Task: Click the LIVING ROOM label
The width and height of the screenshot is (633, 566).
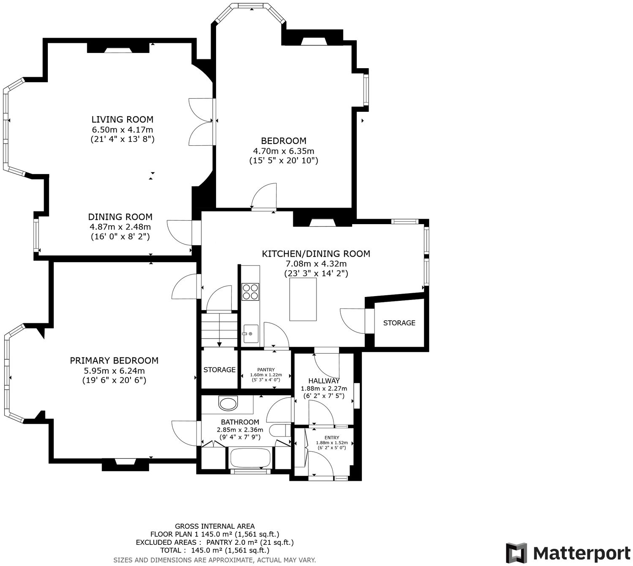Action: tap(122, 119)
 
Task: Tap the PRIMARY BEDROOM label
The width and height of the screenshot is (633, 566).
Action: tap(114, 361)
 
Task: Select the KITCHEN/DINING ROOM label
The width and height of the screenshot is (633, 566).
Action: tap(316, 254)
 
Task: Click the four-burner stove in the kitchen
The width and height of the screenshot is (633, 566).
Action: tap(250, 291)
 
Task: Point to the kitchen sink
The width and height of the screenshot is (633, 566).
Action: tap(250, 334)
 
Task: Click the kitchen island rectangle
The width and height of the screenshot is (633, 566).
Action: tap(303, 299)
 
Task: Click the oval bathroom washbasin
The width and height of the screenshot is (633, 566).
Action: tap(229, 403)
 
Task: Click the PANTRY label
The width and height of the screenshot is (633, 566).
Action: tap(266, 369)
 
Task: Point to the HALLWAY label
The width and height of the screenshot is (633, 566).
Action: tap(324, 381)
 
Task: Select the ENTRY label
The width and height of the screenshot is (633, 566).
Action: tap(332, 438)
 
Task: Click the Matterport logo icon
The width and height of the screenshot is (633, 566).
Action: tap(516, 553)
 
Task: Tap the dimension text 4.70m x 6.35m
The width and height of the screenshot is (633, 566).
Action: tap(283, 151)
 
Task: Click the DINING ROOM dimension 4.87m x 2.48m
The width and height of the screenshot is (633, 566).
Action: tap(120, 227)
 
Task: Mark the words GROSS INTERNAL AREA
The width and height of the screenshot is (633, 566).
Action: tap(215, 527)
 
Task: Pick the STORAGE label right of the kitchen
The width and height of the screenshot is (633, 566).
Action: tap(399, 323)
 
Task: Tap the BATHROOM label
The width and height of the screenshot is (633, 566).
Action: tap(240, 422)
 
